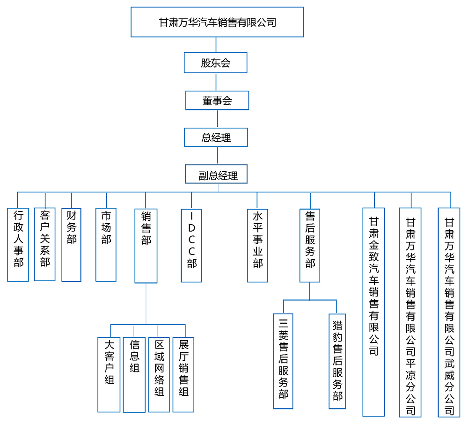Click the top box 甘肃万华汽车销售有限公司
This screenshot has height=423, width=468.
[217, 22]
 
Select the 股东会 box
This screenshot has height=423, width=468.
[215, 63]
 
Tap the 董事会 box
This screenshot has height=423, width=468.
[217, 100]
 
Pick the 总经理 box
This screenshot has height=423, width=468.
[216, 138]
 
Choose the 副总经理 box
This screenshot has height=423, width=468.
[216, 174]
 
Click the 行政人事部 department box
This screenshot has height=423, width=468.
[18, 245]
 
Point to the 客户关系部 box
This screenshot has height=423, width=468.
[45, 244]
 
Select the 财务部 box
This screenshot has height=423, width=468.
[71, 245]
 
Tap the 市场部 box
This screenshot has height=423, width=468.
[106, 245]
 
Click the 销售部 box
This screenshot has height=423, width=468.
[146, 246]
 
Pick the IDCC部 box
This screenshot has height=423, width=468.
[191, 245]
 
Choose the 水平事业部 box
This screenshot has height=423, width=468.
[257, 245]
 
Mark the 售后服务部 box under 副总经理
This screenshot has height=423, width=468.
[309, 245]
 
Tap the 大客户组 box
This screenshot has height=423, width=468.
[109, 374]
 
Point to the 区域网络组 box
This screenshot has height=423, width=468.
[159, 374]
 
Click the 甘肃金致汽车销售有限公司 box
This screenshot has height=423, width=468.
[373, 312]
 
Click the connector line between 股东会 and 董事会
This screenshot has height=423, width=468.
[216, 82]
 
